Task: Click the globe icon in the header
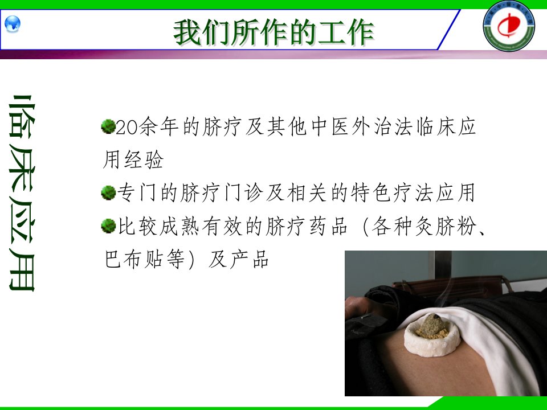[x=13, y=24]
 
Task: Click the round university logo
[x=509, y=26]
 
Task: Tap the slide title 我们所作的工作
[x=273, y=32]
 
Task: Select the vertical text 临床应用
[x=22, y=193]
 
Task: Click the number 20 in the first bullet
[x=126, y=127]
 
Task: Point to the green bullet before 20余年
[x=108, y=126]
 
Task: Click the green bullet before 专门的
[x=108, y=192]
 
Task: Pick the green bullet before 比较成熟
[x=108, y=225]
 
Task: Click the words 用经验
[x=133, y=159]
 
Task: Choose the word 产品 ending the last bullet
[x=249, y=260]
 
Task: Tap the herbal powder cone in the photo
[x=432, y=326]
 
